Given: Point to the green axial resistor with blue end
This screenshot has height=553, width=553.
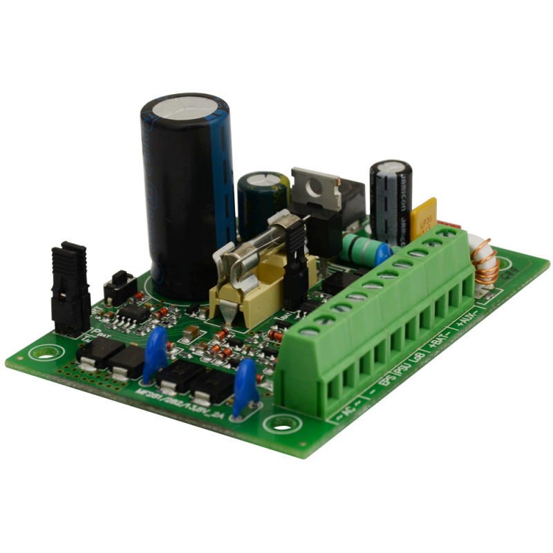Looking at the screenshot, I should pyautogui.click(x=360, y=246).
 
